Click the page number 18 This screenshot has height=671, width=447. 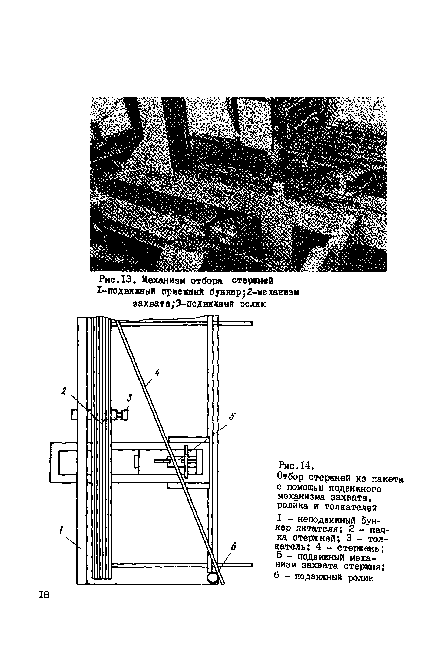pyautogui.click(x=44, y=595)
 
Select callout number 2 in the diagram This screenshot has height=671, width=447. pyautogui.click(x=64, y=391)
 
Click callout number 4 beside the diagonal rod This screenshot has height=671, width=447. pyautogui.click(x=157, y=373)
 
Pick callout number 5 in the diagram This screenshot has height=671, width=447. pyautogui.click(x=232, y=417)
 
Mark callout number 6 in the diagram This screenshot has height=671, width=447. pyautogui.click(x=233, y=545)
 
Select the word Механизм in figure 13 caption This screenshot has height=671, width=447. pyautogui.click(x=164, y=281)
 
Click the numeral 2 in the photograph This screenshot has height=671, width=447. pyautogui.click(x=234, y=155)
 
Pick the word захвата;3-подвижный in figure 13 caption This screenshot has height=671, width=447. pyautogui.click(x=183, y=304)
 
